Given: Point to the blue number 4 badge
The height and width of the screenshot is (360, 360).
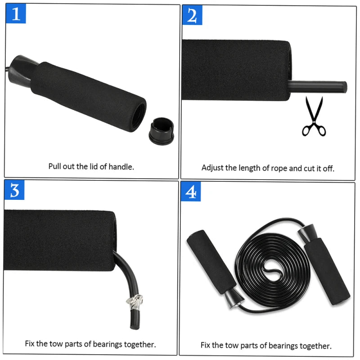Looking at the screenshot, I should pyautogui.click(x=191, y=192).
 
